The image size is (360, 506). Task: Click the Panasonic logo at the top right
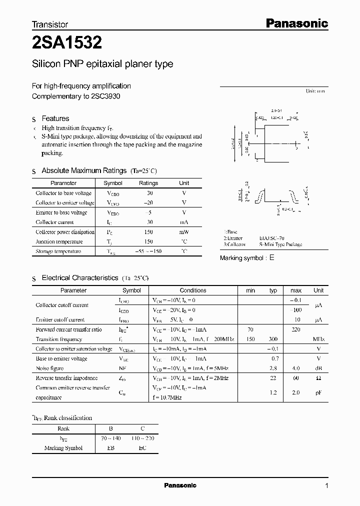[296, 23]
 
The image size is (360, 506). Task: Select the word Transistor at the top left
[50, 24]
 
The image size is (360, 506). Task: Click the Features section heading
[55, 118]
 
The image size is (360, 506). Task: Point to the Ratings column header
[148, 183]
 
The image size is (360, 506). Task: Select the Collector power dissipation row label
[65, 232]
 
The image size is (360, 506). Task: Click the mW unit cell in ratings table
[184, 232]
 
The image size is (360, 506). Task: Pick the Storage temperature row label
[58, 251]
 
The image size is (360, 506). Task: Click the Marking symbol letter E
[272, 258]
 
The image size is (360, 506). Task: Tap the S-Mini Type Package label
[280, 245]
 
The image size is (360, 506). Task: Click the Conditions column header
[193, 290]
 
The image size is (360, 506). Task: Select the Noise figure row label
[49, 368]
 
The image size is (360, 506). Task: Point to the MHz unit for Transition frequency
[318, 339]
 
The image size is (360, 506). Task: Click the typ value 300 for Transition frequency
[273, 339]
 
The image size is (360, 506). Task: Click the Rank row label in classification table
[63, 428]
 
